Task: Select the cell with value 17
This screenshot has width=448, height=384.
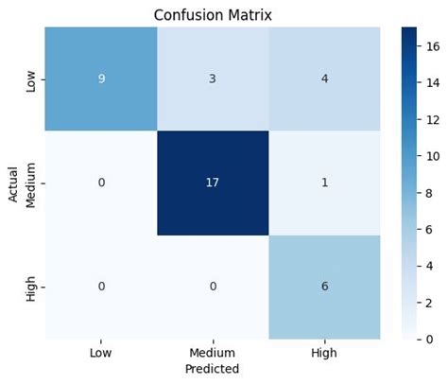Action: [x=213, y=182]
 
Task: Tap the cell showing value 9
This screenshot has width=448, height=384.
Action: [x=101, y=79]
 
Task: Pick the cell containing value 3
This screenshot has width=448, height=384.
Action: [x=213, y=79]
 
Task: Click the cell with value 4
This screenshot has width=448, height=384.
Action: [x=324, y=79]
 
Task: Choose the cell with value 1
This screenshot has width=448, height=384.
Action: [x=324, y=182]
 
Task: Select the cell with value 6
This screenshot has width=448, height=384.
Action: [x=324, y=286]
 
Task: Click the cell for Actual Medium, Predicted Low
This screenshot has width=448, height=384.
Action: [x=101, y=182]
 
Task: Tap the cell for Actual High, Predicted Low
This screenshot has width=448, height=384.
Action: [x=101, y=286]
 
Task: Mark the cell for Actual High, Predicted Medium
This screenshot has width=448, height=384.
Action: [x=213, y=286]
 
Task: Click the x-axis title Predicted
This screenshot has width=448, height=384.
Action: [x=213, y=369]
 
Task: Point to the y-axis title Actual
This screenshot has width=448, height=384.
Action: [x=13, y=182]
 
